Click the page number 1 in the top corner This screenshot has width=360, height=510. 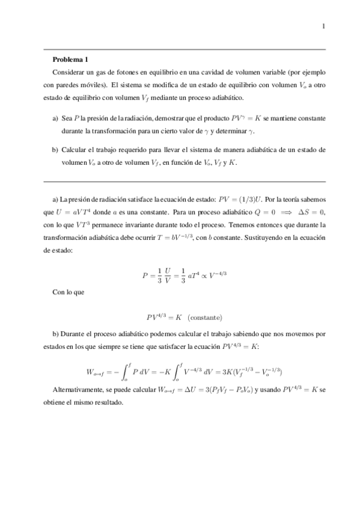pyautogui.click(x=323, y=26)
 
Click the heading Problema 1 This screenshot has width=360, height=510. pyautogui.click(x=70, y=59)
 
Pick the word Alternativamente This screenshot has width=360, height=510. pyautogui.click(x=79, y=390)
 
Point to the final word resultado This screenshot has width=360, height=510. pyautogui.click(x=107, y=402)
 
